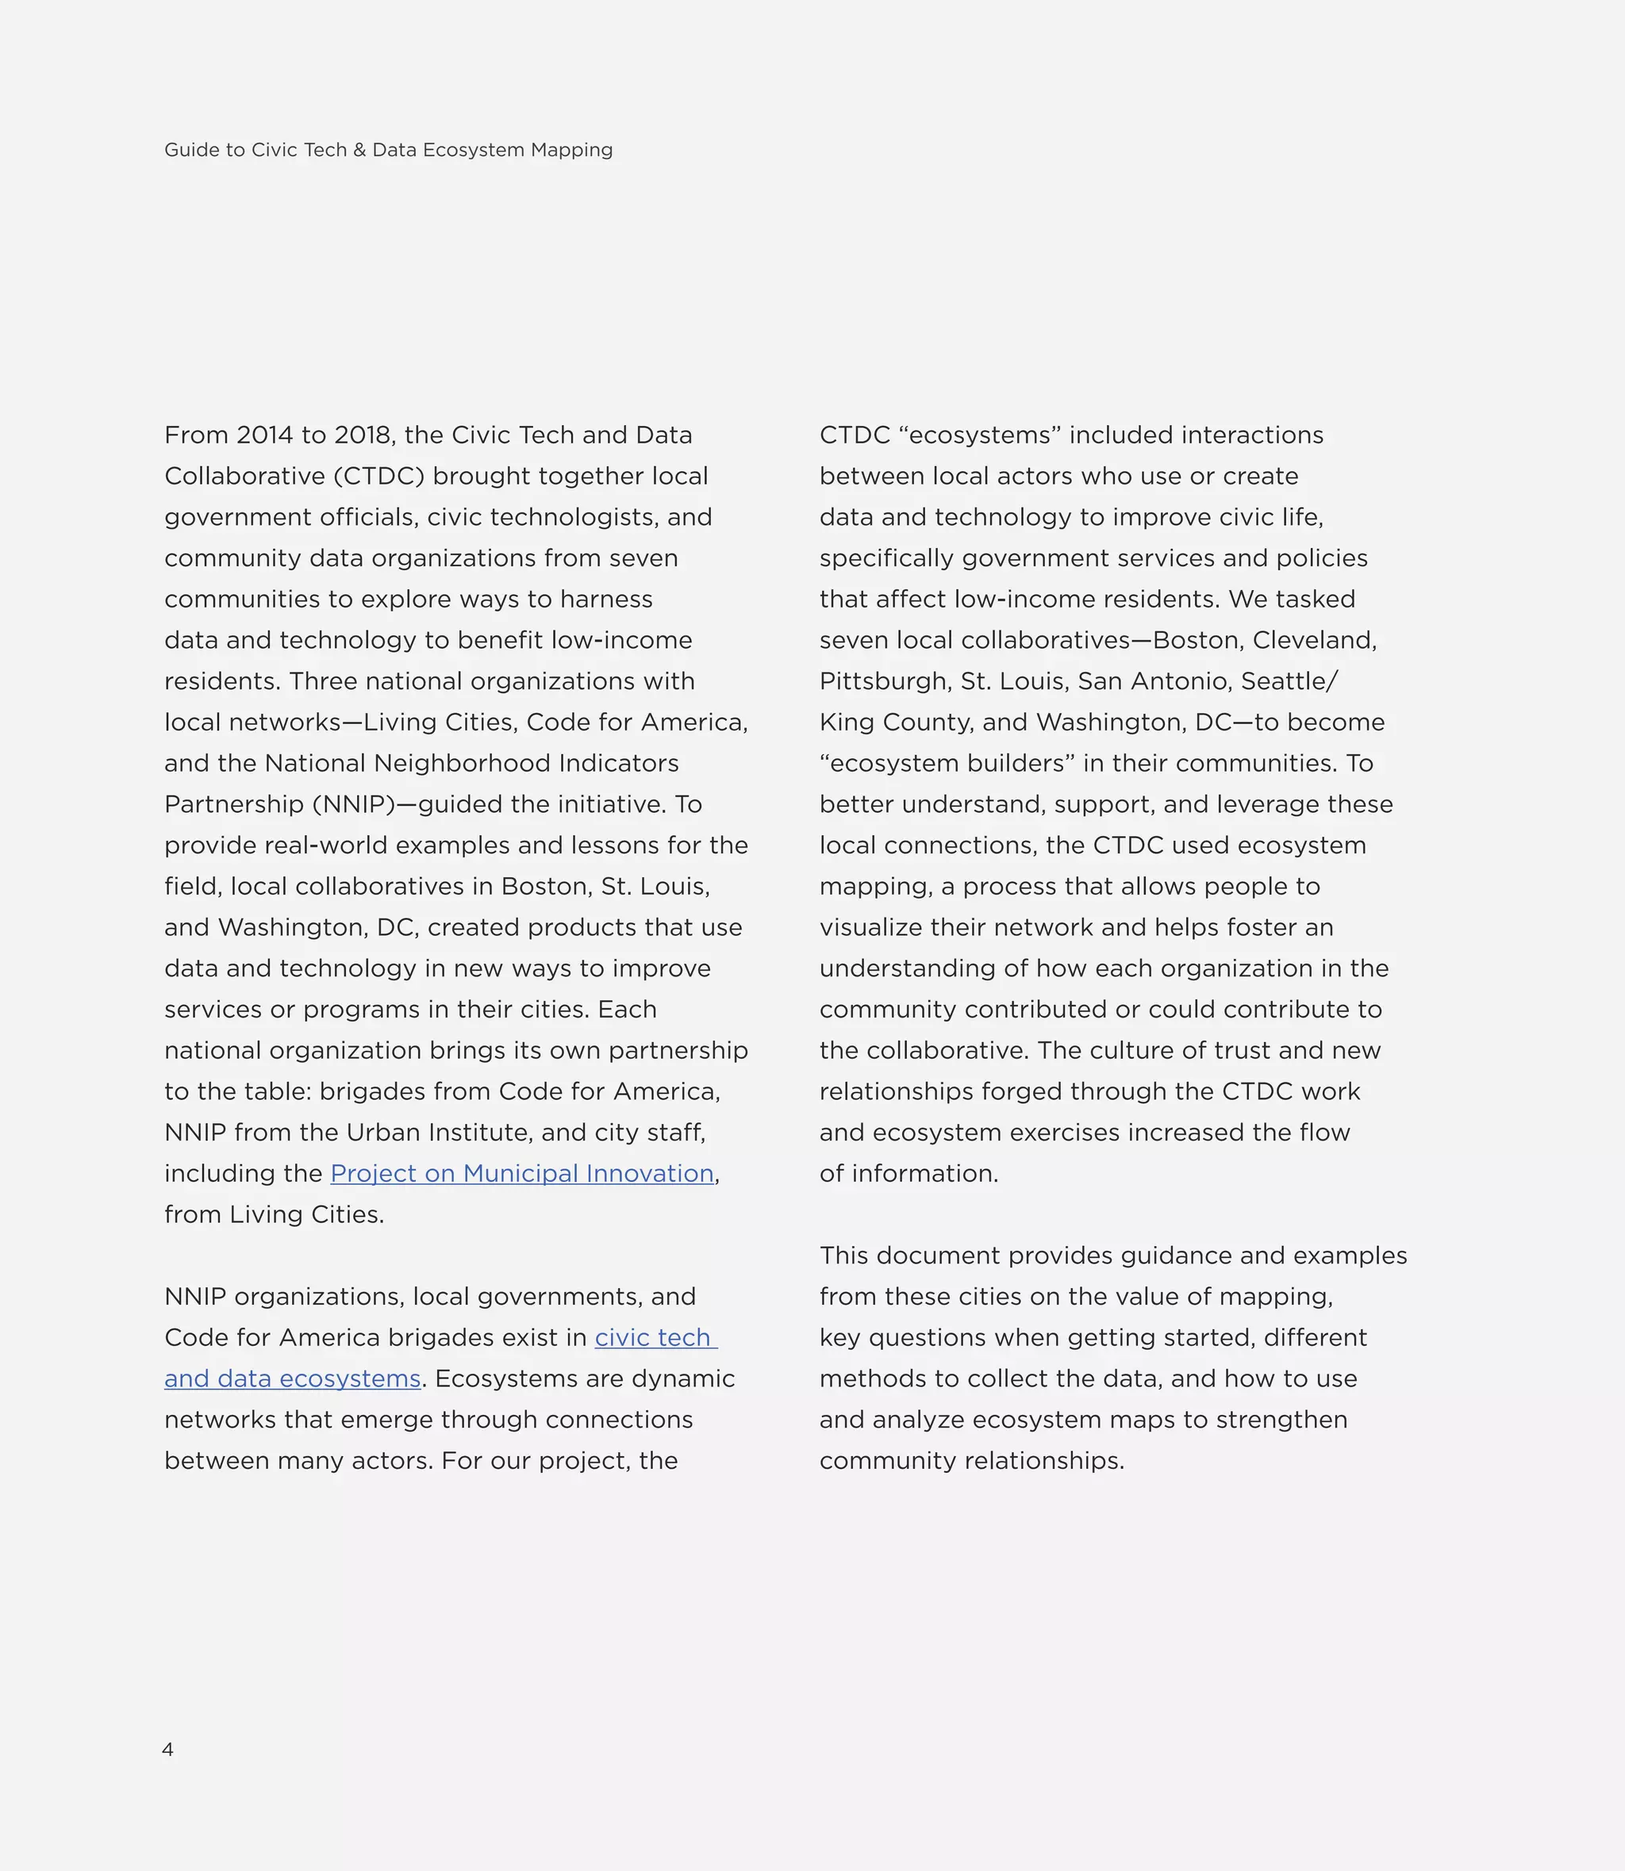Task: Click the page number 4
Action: [x=167, y=1750]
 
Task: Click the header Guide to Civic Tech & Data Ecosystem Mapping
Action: [x=388, y=151]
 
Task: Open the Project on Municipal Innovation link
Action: [x=521, y=1174]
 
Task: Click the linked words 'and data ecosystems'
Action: [x=292, y=1378]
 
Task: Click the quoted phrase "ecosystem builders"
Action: [x=947, y=763]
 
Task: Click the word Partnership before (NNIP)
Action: [x=233, y=805]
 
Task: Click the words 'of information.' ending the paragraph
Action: [x=909, y=1174]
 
